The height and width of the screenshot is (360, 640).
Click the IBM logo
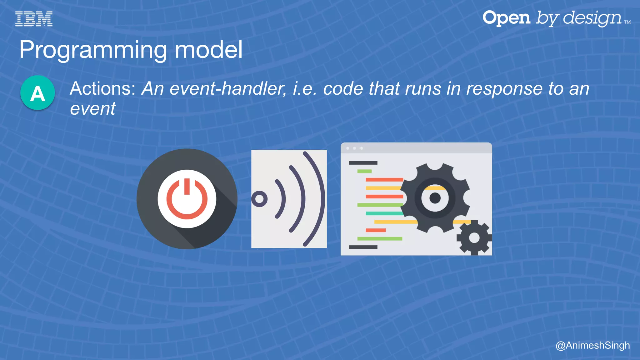click(34, 19)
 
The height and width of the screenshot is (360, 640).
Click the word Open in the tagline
click(506, 18)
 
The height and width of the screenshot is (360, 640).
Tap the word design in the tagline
click(592, 18)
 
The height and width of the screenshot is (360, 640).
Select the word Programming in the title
click(93, 50)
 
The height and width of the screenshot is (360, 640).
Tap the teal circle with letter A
click(37, 93)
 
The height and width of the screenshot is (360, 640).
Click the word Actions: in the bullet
click(102, 89)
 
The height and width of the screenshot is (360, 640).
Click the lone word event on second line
click(93, 109)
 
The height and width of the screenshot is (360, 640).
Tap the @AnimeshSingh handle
click(592, 345)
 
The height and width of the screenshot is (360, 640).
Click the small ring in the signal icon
click(259, 199)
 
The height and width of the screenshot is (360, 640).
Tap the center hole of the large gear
click(435, 198)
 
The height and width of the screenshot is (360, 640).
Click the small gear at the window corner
click(474, 238)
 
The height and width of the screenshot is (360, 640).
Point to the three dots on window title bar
click(354, 148)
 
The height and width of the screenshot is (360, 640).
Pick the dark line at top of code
click(363, 163)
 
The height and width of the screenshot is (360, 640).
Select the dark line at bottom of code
click(363, 247)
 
